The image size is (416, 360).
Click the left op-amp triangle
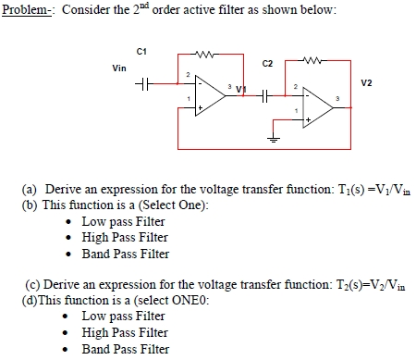click(206, 93)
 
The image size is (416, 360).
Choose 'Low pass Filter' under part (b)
click(123, 221)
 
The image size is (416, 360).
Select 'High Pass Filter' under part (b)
click(125, 237)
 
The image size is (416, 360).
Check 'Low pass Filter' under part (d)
click(123, 317)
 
